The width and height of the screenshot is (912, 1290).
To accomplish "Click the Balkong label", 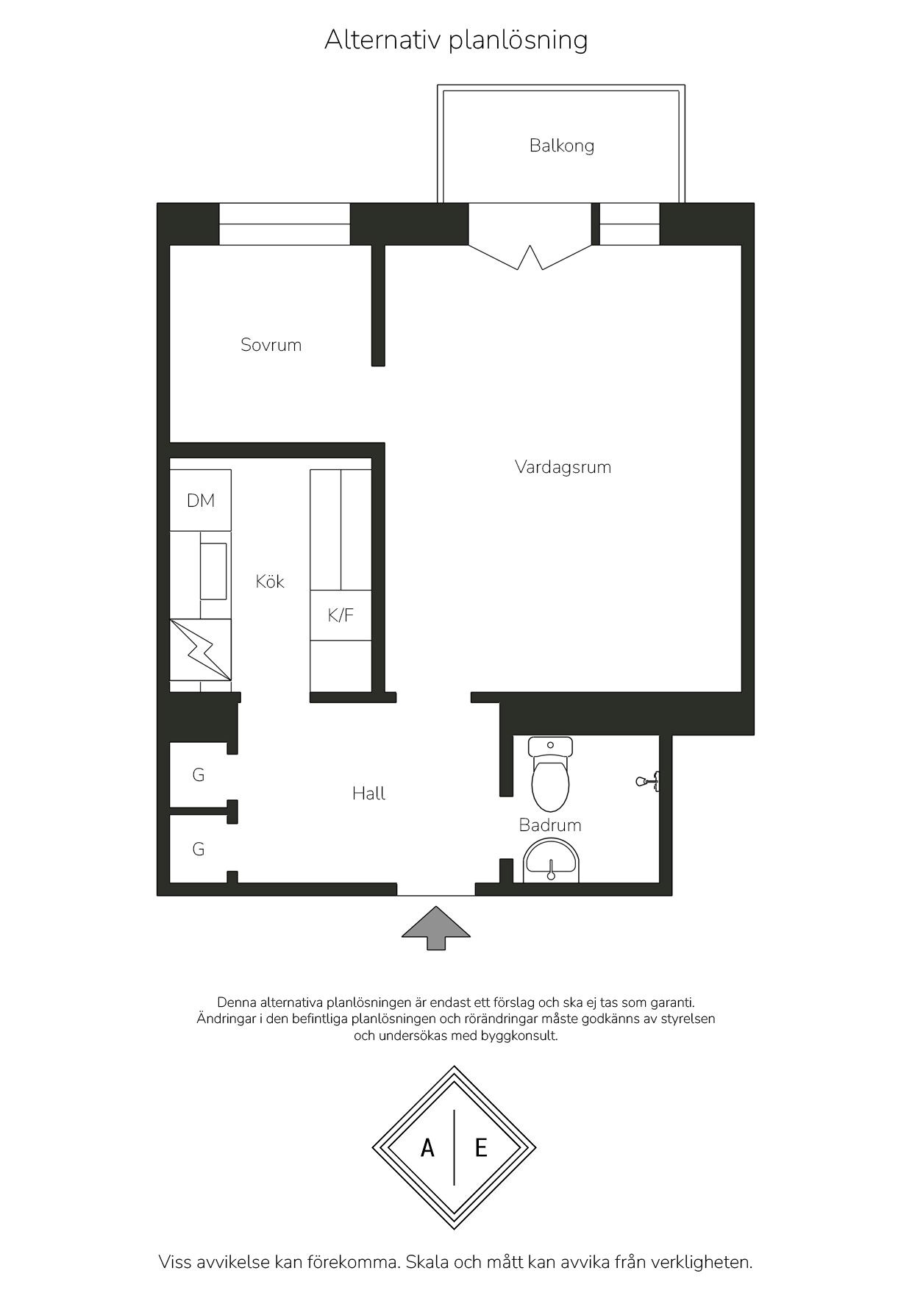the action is tap(561, 146).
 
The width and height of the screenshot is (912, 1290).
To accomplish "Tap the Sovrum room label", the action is tap(271, 345).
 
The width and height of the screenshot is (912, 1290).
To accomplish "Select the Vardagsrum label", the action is tap(563, 467).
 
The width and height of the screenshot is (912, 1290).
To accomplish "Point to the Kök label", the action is tap(270, 581).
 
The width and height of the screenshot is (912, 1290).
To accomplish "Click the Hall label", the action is tap(368, 793).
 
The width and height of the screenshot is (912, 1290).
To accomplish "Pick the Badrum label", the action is tap(550, 825).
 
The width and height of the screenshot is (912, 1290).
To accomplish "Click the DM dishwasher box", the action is tap(201, 500).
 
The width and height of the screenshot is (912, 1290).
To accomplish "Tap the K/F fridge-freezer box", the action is tap(341, 615).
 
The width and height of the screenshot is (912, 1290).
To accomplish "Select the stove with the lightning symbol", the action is tap(201, 649).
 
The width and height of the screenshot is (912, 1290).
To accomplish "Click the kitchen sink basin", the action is tap(214, 571).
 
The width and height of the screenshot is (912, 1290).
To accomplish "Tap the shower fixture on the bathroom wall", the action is tap(649, 780).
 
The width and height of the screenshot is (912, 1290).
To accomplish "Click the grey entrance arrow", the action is tap(435, 928).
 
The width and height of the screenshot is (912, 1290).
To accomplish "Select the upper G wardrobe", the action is tap(199, 774).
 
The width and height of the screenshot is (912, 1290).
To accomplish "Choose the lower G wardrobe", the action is tap(199, 849).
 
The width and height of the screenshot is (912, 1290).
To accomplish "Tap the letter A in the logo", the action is tap(427, 1147).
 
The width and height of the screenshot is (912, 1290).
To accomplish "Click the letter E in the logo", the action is tap(481, 1147).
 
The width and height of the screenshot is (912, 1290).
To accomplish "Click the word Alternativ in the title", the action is tap(383, 40).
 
